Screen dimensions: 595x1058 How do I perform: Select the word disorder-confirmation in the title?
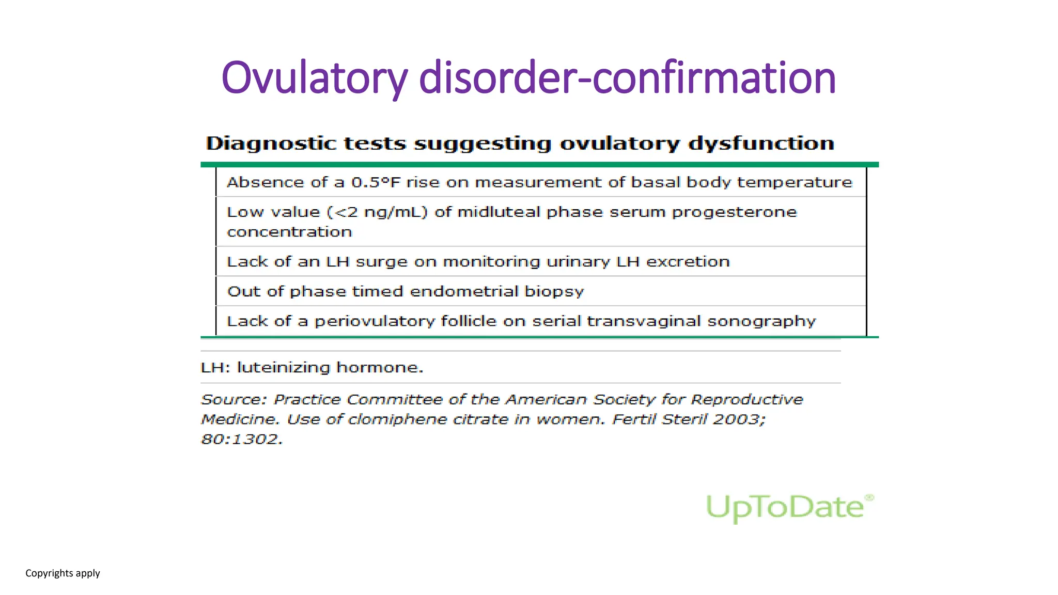click(x=627, y=79)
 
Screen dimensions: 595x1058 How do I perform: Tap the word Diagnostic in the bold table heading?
click(x=271, y=144)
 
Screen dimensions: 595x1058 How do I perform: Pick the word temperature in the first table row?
click(x=794, y=182)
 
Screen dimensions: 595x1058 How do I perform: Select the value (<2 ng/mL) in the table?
click(x=378, y=212)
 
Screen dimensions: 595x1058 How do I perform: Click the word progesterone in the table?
click(x=734, y=212)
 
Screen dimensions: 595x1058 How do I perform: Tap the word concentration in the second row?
click(x=289, y=232)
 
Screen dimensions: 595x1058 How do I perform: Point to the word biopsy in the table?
click(x=554, y=292)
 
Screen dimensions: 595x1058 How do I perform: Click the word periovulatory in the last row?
click(x=375, y=321)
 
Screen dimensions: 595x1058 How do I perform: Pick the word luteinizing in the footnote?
click(x=283, y=368)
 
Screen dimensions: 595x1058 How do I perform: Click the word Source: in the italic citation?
click(x=234, y=400)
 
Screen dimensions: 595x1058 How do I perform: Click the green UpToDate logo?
click(x=788, y=508)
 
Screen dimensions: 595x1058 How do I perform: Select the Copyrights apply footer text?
click(x=63, y=573)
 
